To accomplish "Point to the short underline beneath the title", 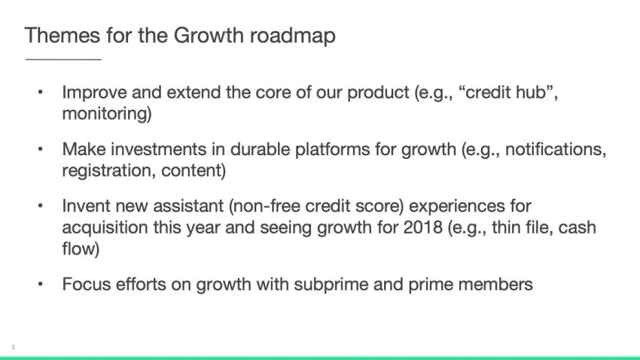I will (63, 59).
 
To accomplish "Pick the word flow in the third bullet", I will (80, 248).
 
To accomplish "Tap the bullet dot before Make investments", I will (41, 149).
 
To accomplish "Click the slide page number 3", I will (13, 347).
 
